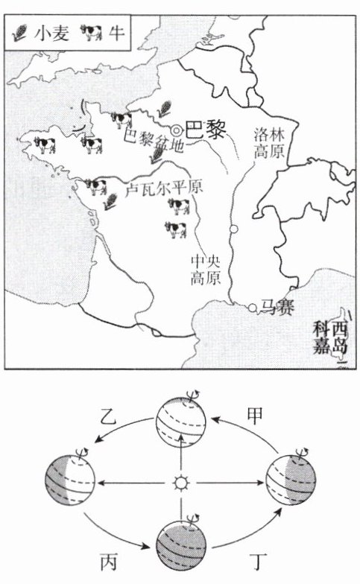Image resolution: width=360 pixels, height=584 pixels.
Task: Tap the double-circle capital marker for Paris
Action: coord(176,131)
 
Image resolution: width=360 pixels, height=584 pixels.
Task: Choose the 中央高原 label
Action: coord(206,270)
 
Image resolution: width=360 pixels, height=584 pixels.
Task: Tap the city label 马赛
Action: coord(277,308)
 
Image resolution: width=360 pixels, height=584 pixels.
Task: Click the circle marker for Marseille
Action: coord(253,308)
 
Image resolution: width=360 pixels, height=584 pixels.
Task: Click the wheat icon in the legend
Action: coord(21,32)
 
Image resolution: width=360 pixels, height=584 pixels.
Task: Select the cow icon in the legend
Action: coord(91,33)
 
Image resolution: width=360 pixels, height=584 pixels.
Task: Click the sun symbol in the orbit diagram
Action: coord(180,483)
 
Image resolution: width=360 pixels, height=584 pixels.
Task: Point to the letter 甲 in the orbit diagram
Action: coord(255,416)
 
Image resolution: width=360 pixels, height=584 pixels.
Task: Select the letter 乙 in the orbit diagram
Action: coord(109,416)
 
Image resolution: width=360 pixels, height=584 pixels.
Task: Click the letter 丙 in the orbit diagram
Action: coord(109,562)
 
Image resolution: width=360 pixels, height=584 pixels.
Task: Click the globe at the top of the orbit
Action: coord(181,417)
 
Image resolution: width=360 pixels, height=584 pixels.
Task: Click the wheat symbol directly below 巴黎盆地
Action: coord(157,155)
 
